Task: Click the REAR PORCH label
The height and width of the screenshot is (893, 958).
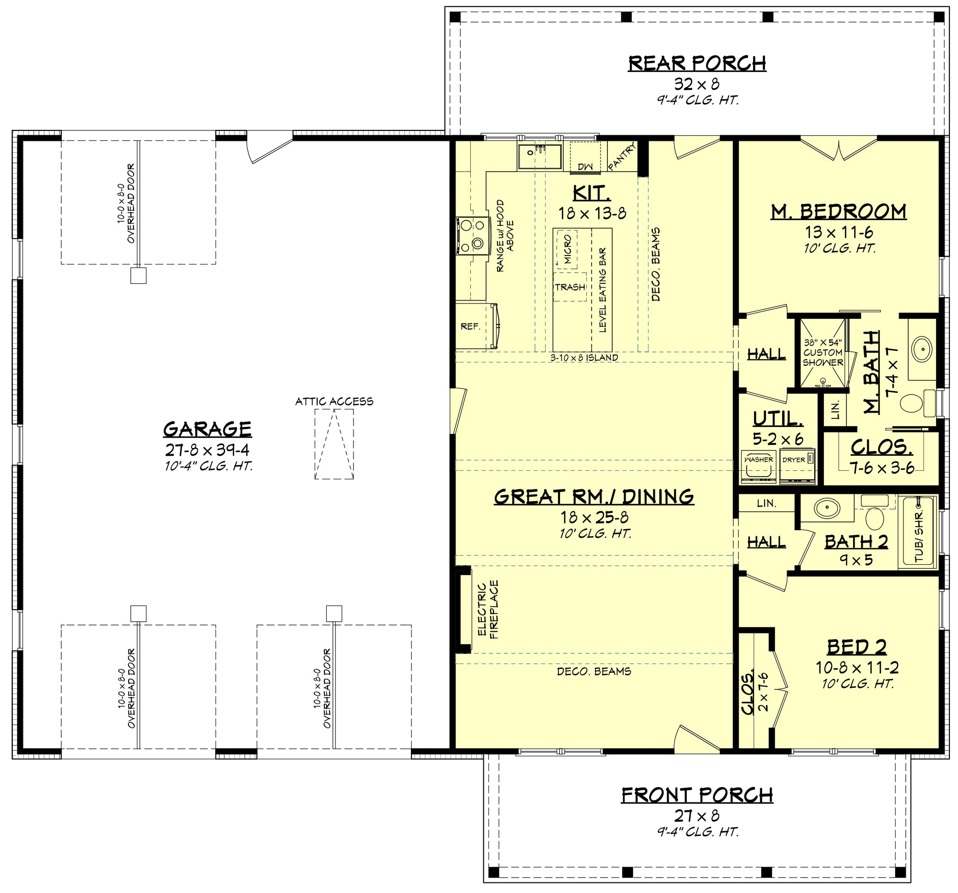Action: pos(697,63)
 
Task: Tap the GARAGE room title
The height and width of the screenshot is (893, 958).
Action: pos(207,429)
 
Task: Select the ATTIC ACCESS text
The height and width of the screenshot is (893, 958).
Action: pos(334,401)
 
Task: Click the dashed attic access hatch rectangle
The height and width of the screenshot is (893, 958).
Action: pos(334,444)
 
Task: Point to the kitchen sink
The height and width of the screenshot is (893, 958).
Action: pos(540,156)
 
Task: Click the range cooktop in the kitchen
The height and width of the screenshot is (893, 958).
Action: pos(472,235)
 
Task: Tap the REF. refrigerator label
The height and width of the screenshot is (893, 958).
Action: pos(470,326)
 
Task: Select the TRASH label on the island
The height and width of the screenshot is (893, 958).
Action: pos(570,287)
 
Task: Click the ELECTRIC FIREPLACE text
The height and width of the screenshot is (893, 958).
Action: pos(488,610)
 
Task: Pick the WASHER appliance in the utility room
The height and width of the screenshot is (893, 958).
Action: pos(759,467)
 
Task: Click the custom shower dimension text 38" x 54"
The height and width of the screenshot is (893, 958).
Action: pos(822,343)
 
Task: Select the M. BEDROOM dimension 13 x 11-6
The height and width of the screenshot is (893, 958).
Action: pos(839,232)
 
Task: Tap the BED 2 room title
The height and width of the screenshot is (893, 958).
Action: pos(857,647)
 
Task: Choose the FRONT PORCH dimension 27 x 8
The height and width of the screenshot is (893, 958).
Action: pos(697,816)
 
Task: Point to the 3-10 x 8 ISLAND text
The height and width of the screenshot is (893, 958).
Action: pos(584,358)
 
